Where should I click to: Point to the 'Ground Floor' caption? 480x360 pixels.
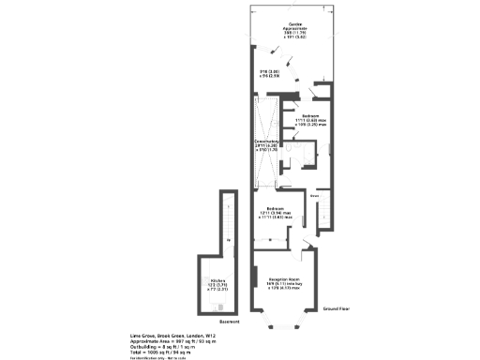coord(337,309)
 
